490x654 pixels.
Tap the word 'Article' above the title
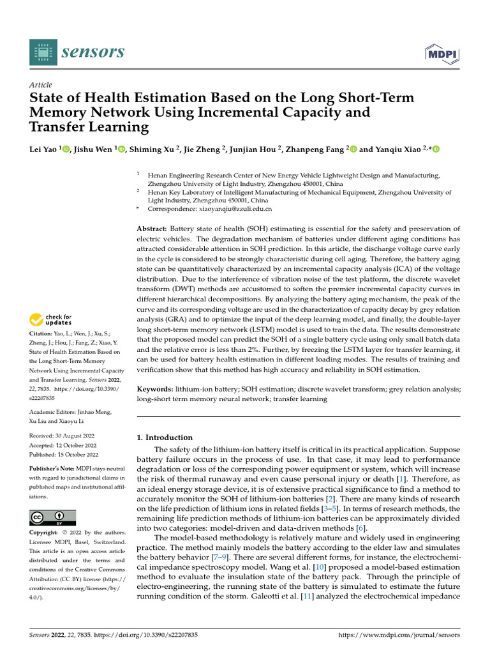[x=41, y=85]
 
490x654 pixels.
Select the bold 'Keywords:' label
[x=155, y=389]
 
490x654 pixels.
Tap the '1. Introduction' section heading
[x=165, y=437]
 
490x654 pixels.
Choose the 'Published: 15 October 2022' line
[x=64, y=455]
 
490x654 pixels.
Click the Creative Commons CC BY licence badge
[x=53, y=517]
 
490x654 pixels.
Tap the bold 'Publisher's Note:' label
[x=53, y=469]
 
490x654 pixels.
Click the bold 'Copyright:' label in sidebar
[x=45, y=533]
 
